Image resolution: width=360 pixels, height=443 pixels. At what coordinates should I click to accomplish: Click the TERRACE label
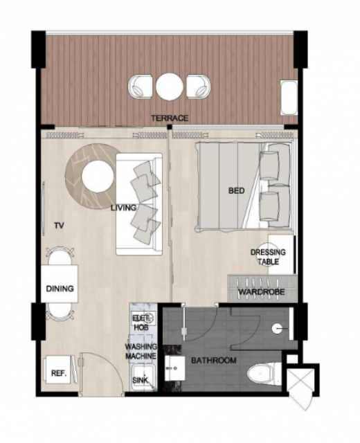169,118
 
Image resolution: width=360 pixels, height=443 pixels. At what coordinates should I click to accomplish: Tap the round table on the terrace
169,87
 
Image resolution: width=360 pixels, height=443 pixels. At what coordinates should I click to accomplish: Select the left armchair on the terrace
141,87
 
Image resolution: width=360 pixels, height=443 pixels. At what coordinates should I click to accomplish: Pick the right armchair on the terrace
199,87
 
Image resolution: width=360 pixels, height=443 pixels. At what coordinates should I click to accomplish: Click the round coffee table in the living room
98,177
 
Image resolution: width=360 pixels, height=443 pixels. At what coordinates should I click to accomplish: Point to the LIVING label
123,208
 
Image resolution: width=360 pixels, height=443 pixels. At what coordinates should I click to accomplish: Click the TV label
59,226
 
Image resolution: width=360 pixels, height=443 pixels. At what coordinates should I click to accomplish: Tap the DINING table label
60,289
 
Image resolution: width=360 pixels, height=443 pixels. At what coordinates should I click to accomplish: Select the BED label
236,191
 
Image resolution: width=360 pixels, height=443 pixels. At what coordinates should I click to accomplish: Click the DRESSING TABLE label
268,257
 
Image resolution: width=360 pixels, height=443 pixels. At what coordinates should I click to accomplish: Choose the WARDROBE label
262,291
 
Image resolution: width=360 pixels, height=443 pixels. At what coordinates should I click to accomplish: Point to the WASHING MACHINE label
141,351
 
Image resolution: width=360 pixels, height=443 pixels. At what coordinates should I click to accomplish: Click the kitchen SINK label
140,380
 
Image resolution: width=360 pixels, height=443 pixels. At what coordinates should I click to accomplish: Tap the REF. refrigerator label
59,373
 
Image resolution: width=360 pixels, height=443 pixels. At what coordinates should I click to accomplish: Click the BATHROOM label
214,360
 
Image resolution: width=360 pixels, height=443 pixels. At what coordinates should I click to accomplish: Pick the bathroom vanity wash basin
174,368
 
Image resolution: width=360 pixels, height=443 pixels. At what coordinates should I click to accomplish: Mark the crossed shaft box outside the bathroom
300,380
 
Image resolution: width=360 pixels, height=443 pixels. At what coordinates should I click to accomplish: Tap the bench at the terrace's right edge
289,98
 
